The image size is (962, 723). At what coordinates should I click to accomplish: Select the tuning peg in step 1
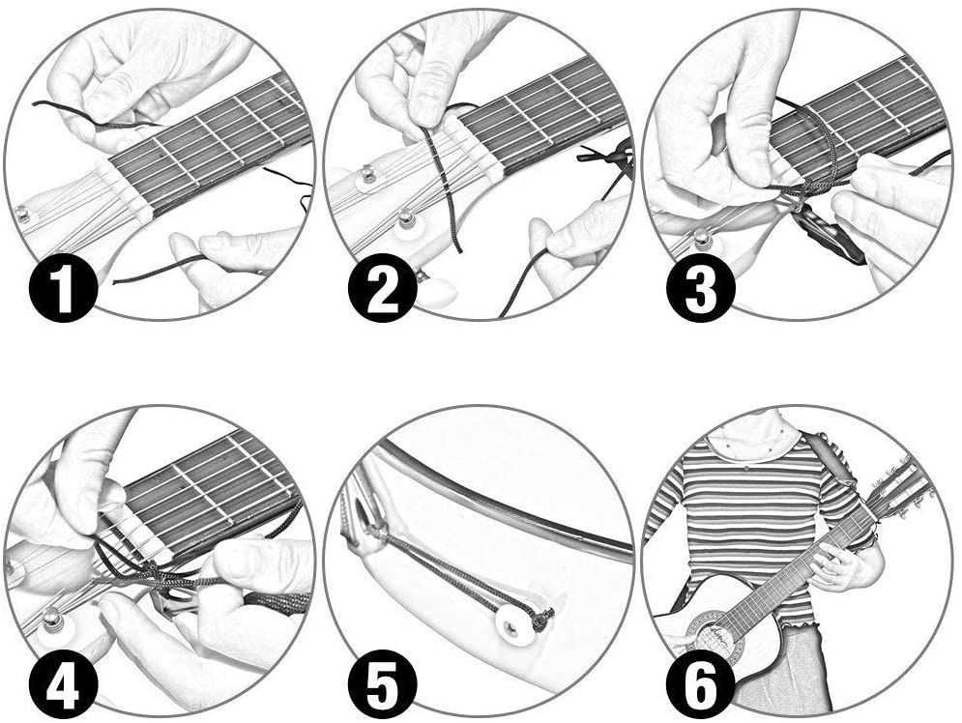(22, 215)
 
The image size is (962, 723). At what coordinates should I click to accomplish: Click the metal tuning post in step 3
(701, 237)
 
